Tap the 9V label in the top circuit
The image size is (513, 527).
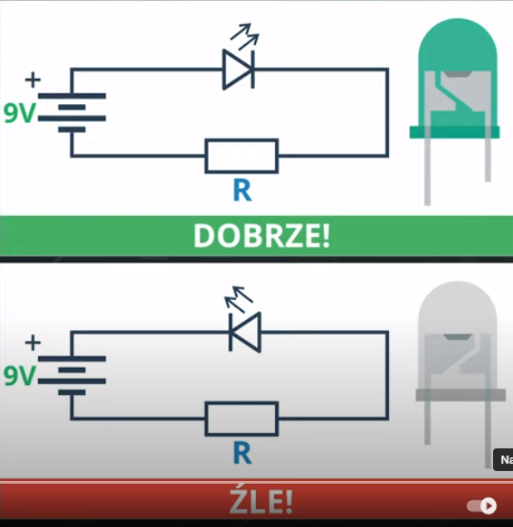pos(21,114)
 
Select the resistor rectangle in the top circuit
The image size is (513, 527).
pos(242,155)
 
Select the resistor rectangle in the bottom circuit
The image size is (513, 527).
pos(242,419)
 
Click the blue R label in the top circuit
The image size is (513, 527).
pos(242,191)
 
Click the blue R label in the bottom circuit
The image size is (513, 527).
pos(242,454)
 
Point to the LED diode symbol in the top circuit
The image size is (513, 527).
pos(239,69)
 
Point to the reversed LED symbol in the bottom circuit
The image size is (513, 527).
pos(244,331)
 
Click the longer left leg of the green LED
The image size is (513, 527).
pos(428,172)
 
